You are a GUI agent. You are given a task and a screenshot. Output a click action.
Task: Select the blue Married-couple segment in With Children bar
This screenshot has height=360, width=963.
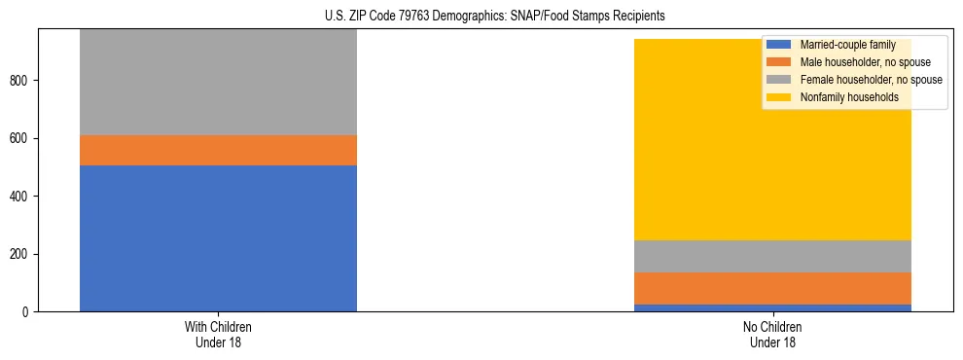tap(218, 238)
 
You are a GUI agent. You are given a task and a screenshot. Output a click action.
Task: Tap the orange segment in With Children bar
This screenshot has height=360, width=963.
tap(218, 150)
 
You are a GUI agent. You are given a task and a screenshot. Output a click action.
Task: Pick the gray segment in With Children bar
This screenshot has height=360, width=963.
tap(218, 83)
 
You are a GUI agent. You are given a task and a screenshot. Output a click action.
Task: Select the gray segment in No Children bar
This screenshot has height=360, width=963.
tap(772, 256)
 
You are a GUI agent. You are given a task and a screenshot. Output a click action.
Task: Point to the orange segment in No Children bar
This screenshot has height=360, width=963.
tap(772, 288)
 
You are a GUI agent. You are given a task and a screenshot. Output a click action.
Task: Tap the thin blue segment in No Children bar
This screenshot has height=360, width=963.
tap(772, 307)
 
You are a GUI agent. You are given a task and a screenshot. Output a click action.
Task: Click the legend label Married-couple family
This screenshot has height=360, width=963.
tap(847, 46)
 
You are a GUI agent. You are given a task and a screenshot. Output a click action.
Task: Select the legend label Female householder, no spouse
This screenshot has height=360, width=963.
tap(871, 80)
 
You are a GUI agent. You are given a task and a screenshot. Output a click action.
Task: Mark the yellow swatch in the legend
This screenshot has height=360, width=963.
tap(779, 97)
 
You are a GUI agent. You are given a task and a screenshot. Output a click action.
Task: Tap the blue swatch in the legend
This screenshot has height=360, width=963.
tap(779, 46)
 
